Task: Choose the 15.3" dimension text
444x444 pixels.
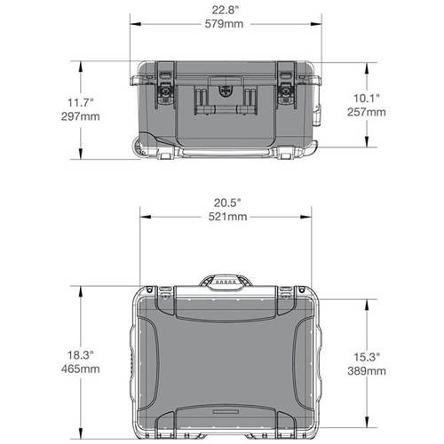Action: pyautogui.click(x=366, y=355)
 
